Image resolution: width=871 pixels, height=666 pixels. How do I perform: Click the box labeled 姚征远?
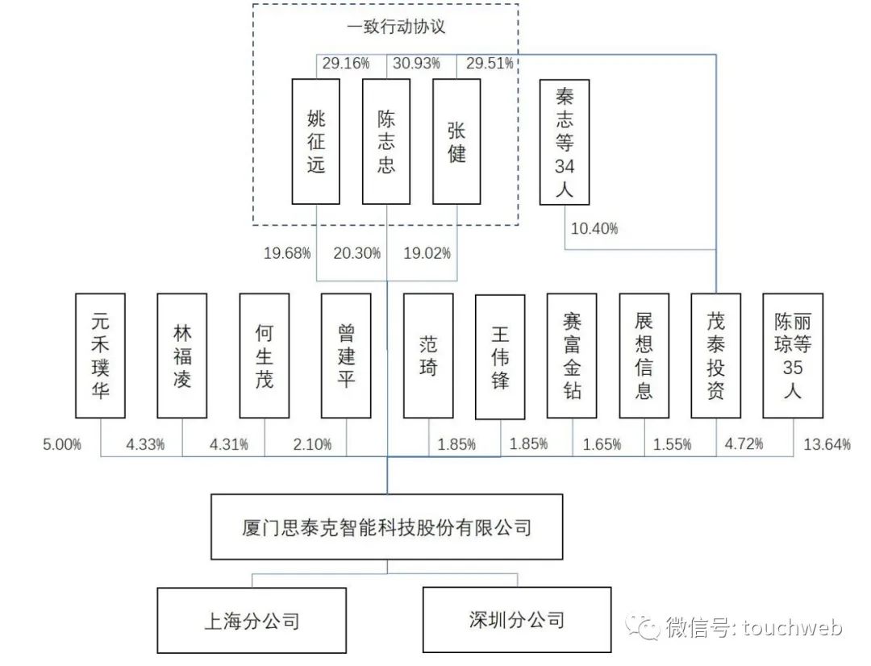pos(316,141)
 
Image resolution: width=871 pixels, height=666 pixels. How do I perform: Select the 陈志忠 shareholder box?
pos(386,141)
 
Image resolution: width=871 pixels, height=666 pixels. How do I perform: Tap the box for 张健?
pos(456,141)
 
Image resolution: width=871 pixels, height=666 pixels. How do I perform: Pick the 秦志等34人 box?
pos(565,141)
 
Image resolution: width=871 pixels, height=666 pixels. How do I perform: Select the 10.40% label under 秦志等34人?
pos(594,229)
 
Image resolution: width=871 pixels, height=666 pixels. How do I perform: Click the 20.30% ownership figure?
pos(356,253)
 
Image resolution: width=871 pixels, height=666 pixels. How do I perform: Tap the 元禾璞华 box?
pos(101,356)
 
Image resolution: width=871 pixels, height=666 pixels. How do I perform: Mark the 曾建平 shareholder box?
pos(346,356)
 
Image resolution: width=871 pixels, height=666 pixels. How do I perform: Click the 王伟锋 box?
pos(500,356)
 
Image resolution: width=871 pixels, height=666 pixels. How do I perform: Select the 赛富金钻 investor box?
pos(572,356)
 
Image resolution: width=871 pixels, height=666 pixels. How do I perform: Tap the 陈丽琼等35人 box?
pos(793,356)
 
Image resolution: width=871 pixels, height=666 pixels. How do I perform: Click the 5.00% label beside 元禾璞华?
pos(61,444)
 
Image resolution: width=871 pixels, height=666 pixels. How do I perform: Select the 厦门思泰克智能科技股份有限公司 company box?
pos(387,528)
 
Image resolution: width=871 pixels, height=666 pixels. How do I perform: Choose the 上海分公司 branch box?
pos(252,620)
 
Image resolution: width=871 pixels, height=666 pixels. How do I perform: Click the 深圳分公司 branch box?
pos(517,619)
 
